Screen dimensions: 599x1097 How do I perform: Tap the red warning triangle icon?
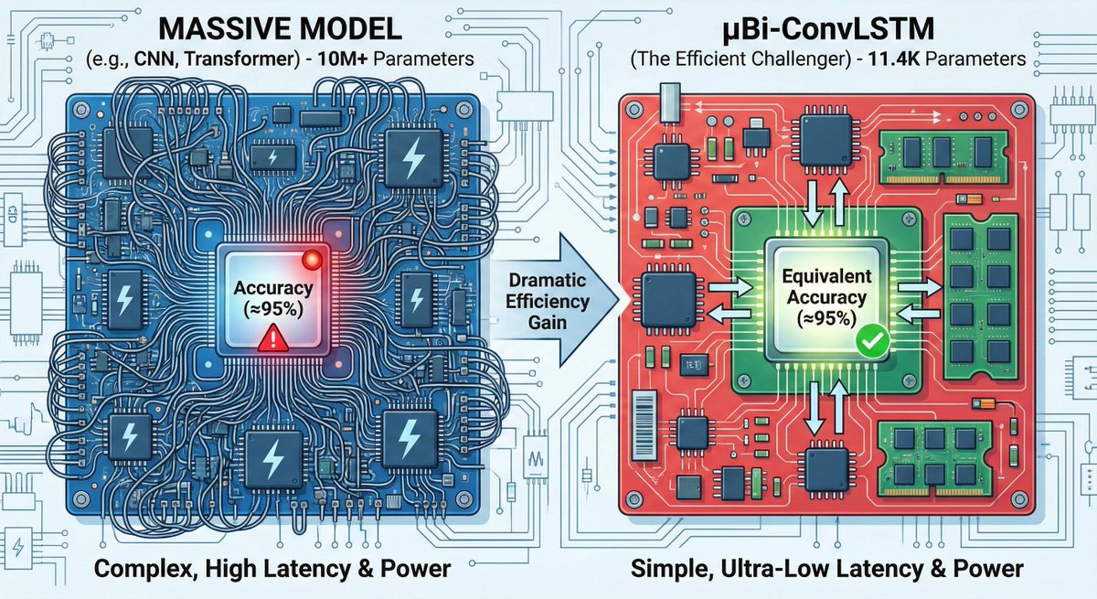(272, 341)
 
